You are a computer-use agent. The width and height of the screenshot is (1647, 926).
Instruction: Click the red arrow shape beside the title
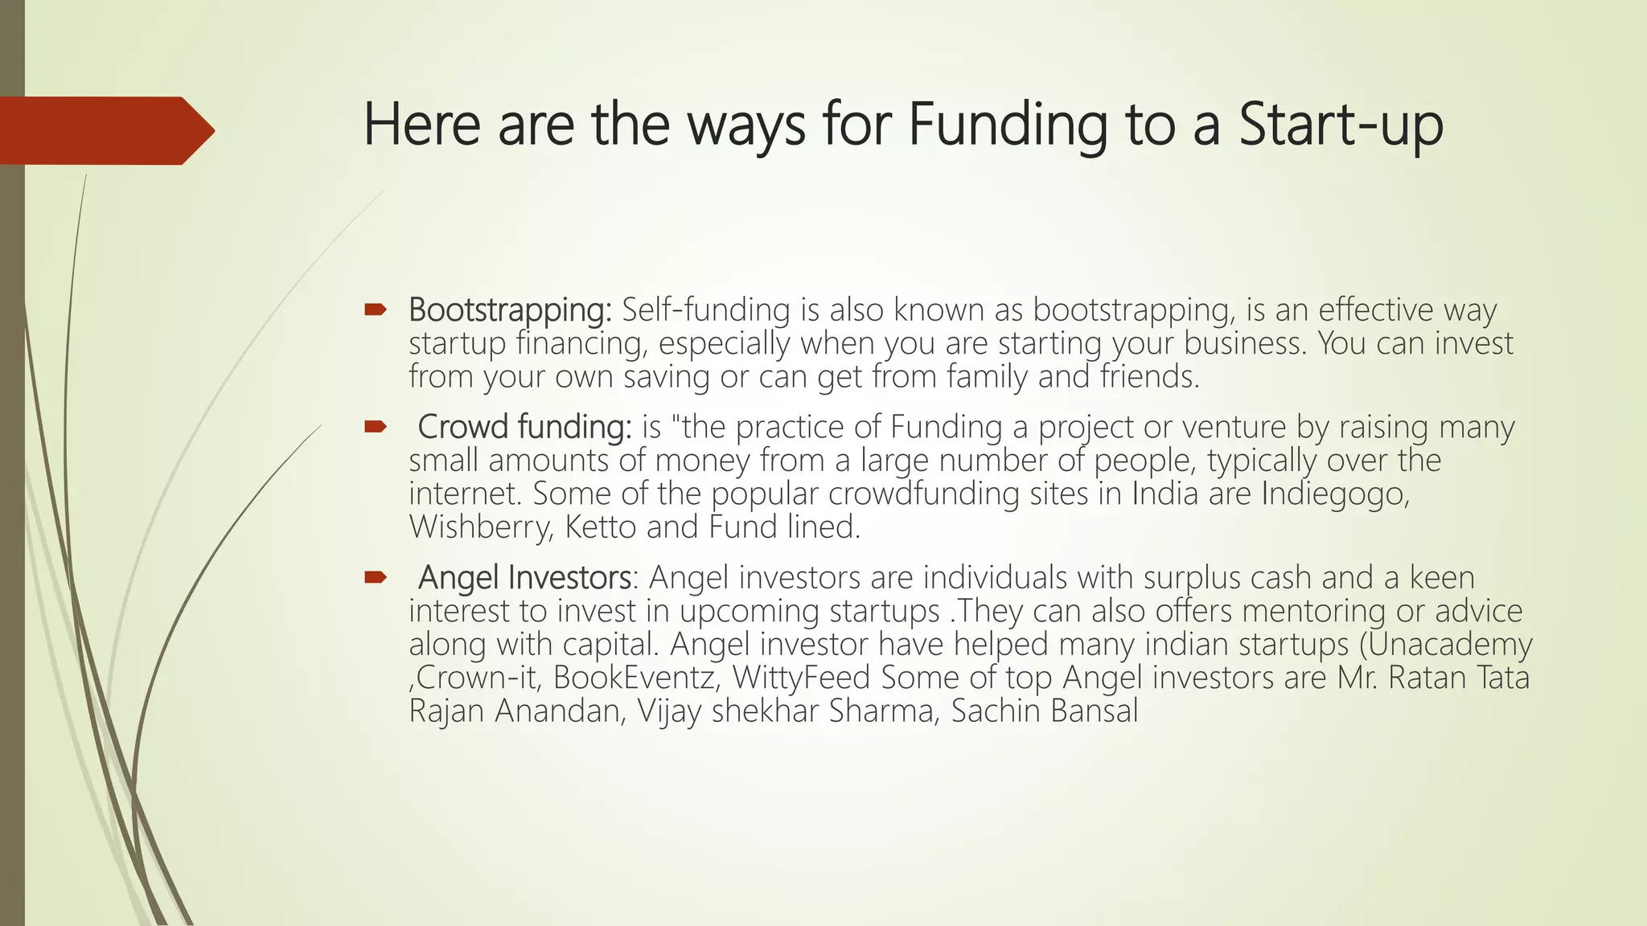(x=105, y=131)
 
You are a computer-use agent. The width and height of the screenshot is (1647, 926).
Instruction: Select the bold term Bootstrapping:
(x=510, y=310)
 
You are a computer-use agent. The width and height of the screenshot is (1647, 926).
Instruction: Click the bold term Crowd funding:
(x=524, y=427)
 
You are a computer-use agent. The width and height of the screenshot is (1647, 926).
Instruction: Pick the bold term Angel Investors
(x=524, y=578)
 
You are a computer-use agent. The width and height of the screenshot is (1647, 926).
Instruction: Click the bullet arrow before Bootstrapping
(x=376, y=309)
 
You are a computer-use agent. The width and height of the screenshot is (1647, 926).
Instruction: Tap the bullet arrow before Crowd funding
(x=376, y=426)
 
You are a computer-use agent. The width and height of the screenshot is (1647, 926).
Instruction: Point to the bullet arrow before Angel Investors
(x=376, y=577)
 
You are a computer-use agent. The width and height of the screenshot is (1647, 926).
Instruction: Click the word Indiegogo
(x=1335, y=494)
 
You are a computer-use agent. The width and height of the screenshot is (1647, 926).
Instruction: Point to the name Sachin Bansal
(x=1045, y=711)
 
